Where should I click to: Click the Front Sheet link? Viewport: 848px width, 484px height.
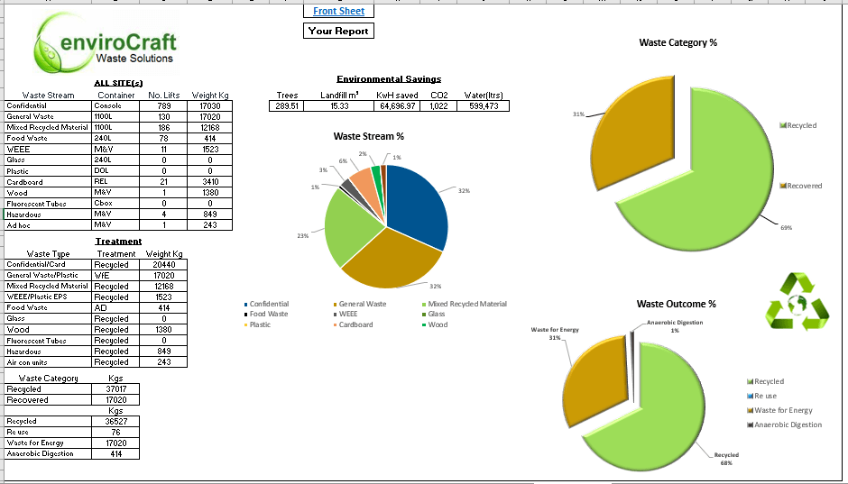[x=338, y=11]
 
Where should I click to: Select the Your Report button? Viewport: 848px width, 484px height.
[x=338, y=31]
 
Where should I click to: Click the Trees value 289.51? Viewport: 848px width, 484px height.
[x=287, y=106]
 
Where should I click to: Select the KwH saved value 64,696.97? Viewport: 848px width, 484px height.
[x=397, y=106]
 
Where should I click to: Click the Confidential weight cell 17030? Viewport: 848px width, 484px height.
[x=210, y=105]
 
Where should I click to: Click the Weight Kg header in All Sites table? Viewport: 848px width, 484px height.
[x=210, y=95]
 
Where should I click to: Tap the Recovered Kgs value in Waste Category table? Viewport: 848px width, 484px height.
[x=115, y=399]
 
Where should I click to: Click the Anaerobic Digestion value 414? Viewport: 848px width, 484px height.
[x=115, y=453]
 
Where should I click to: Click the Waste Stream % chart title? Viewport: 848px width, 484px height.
[x=368, y=136]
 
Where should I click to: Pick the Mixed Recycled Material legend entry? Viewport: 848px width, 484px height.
[x=467, y=304]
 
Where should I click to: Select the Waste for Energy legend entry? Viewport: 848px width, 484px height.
[x=781, y=410]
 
